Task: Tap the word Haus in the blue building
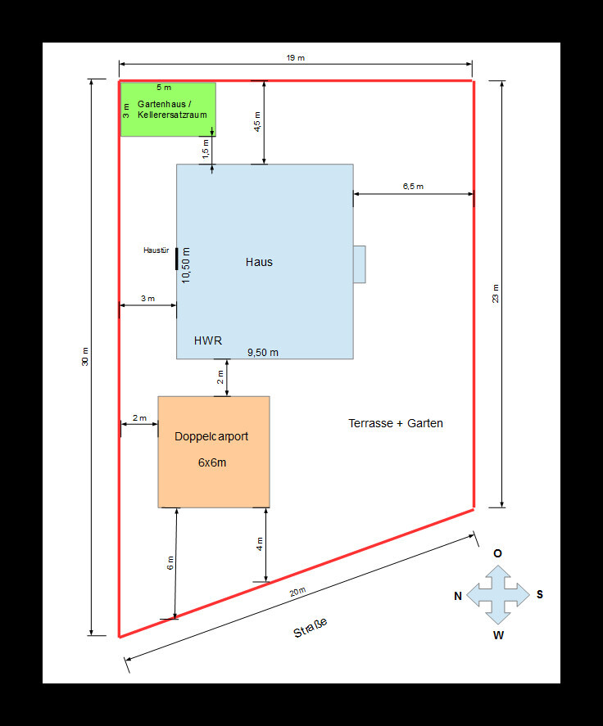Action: click(x=259, y=262)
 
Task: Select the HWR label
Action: click(x=208, y=340)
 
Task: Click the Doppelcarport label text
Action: click(x=211, y=437)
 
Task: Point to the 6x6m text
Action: click(x=212, y=462)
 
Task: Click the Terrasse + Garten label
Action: click(x=396, y=423)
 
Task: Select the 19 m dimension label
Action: click(x=296, y=58)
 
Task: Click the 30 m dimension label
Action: click(x=86, y=357)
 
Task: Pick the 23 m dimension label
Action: click(x=496, y=293)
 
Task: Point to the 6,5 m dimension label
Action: click(x=413, y=187)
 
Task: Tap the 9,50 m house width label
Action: click(x=263, y=353)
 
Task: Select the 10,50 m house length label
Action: click(x=186, y=264)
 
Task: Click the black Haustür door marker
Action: click(x=176, y=256)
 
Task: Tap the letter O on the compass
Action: click(x=497, y=553)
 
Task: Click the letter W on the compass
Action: click(x=498, y=635)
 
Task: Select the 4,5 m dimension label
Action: click(x=257, y=122)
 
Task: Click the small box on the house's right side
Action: click(x=359, y=264)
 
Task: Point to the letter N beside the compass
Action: click(x=458, y=597)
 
